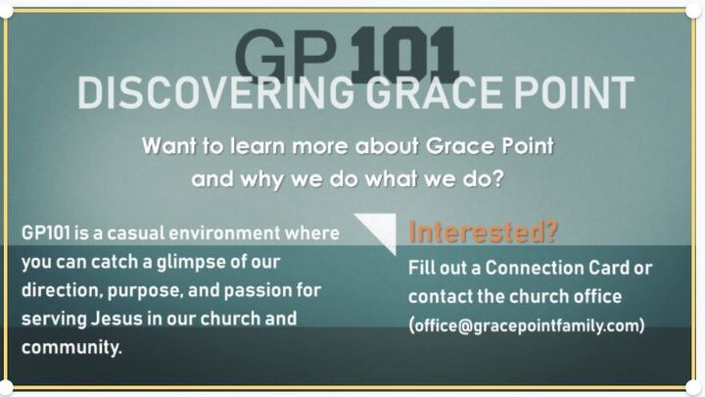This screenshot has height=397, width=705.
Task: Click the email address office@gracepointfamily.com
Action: pos(527,325)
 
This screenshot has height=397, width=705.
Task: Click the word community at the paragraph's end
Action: pos(71,348)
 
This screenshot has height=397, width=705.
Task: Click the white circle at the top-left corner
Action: pos(9,9)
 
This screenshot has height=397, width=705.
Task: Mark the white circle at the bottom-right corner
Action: pos(693,386)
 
